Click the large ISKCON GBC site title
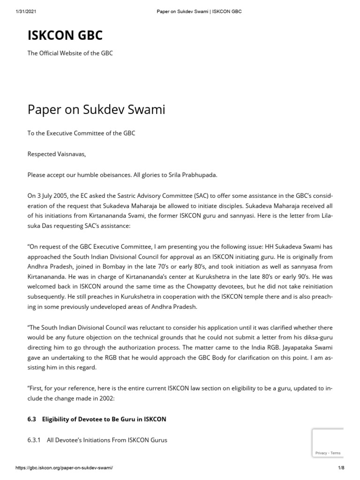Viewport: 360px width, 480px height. click(x=66, y=35)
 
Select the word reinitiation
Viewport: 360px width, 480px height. click(x=310, y=285)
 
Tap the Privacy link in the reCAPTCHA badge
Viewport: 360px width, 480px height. click(x=321, y=453)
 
